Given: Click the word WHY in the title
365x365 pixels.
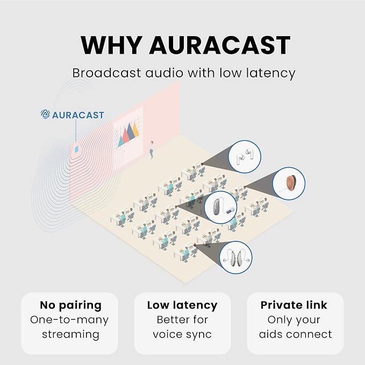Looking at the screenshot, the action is click(x=111, y=45).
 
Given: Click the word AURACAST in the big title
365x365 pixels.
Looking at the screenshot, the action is click(x=219, y=45).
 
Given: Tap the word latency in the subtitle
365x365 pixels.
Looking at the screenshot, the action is click(x=271, y=73).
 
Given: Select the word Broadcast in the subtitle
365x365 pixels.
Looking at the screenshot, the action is click(x=106, y=73).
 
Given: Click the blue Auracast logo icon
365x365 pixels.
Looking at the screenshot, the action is click(x=45, y=114).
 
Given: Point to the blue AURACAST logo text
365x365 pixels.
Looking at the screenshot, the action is click(x=78, y=115).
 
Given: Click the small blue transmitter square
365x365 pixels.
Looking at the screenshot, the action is click(x=76, y=149).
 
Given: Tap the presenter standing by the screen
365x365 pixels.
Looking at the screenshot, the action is click(x=152, y=149).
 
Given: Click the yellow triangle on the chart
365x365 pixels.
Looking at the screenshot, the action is click(x=135, y=130).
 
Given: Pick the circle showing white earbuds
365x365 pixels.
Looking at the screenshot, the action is click(x=245, y=156).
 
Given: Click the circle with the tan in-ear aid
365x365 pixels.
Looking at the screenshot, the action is click(x=289, y=183).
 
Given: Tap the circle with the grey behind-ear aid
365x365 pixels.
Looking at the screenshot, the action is click(x=221, y=207).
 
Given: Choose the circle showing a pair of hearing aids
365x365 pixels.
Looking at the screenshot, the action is click(x=236, y=257).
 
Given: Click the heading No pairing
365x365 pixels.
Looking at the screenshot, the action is click(x=70, y=305).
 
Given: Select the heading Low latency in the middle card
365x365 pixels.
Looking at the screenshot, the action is click(x=182, y=305).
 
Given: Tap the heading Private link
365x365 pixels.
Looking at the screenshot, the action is click(x=294, y=305).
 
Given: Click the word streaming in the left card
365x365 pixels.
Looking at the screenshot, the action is click(x=70, y=334).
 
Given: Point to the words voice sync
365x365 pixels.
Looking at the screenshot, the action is click(x=182, y=335).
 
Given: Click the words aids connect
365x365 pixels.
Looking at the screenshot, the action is click(x=296, y=334).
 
